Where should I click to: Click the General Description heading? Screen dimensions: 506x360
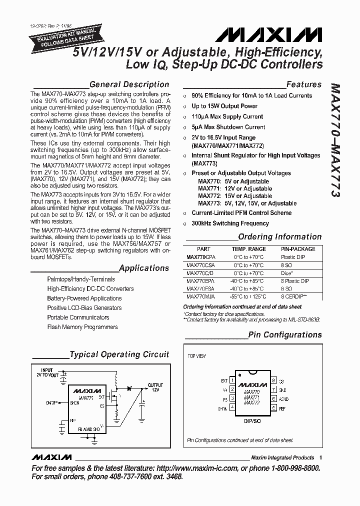click(129, 84)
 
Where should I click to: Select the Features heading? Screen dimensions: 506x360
click(303, 84)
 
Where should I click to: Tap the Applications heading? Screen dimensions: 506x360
click(144, 268)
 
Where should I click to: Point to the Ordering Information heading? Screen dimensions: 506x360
click(279, 237)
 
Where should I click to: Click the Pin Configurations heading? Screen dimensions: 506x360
click(284, 334)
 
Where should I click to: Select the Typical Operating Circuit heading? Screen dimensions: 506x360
click(119, 354)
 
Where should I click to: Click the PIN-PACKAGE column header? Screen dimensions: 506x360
click(298, 248)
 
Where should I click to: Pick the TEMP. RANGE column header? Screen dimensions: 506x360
click(248, 248)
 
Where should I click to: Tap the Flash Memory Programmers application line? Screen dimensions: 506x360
click(82, 327)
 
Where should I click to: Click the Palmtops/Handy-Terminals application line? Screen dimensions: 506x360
click(81, 279)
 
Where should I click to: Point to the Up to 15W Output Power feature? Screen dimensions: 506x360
click(224, 106)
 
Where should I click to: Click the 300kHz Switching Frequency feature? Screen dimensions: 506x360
click(230, 223)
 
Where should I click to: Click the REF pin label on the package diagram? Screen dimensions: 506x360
click(282, 408)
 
